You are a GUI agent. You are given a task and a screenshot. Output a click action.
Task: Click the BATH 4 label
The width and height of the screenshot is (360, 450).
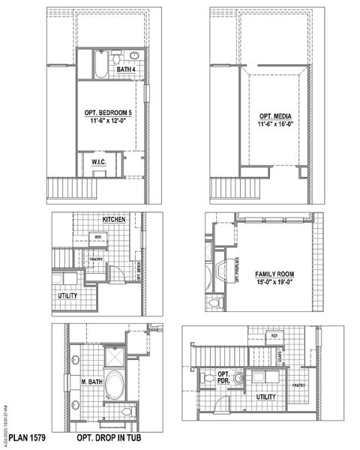126,70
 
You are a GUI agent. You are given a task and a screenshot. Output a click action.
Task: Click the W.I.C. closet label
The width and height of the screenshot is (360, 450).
98,161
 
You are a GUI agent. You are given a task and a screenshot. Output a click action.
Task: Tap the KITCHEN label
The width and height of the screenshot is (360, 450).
113,220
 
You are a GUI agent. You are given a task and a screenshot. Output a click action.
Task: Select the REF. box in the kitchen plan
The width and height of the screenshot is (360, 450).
97,237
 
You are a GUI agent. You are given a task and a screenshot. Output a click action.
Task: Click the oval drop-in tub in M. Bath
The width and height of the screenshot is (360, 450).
115,382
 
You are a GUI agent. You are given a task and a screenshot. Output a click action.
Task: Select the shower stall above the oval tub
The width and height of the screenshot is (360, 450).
114,353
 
